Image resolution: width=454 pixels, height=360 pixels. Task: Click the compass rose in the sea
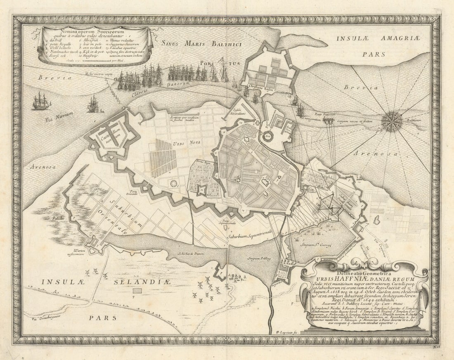point(392,121)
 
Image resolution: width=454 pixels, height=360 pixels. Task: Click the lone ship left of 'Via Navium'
point(41,101)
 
